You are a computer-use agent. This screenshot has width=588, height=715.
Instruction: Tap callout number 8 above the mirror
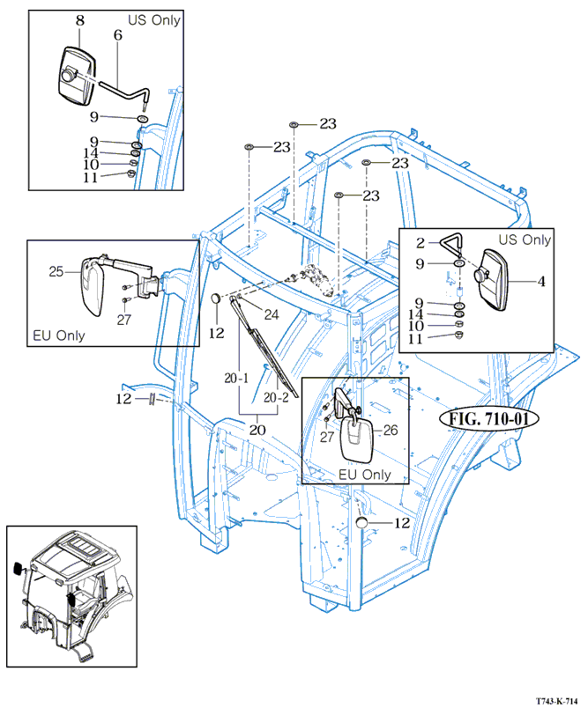tap(79, 19)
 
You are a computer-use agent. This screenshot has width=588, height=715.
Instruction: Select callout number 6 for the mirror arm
tap(116, 35)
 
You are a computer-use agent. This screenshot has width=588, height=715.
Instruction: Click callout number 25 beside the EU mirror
tap(56, 272)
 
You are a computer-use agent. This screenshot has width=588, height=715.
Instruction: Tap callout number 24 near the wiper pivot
tap(272, 314)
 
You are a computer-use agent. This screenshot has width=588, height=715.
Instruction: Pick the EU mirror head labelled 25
tap(92, 284)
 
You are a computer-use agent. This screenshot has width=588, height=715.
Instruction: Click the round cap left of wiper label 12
tap(215, 302)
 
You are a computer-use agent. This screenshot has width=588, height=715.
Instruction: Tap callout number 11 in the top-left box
tap(115, 176)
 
